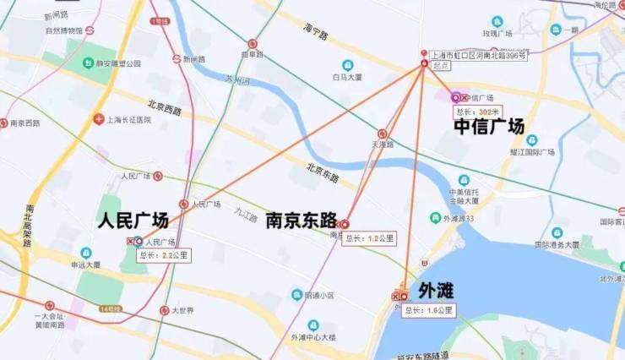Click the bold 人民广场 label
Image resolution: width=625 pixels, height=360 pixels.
pyautogui.click(x=133, y=221)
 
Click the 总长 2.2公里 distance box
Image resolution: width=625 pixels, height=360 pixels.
pyautogui.click(x=162, y=254)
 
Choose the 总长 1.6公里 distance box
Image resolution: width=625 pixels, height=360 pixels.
pyautogui.click(x=427, y=311)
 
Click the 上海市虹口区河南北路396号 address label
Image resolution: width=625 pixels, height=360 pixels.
pyautogui.click(x=478, y=55)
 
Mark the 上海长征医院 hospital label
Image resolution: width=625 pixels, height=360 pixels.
pyautogui.click(x=128, y=120)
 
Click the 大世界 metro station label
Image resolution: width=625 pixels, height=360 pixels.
pyautogui.click(x=182, y=311)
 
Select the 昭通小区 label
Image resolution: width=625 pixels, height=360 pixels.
pyautogui.click(x=318, y=295)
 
